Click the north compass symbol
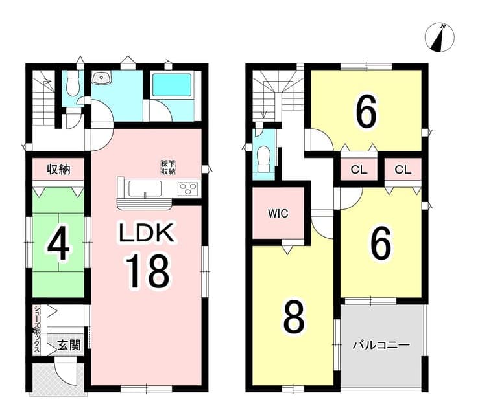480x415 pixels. pos(440,38)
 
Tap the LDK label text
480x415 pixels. pos(147,233)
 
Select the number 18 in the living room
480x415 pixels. pos(147,272)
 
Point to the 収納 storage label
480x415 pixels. pos(58,169)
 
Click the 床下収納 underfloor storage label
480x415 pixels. pos(169,168)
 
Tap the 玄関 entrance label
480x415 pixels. pos(69,345)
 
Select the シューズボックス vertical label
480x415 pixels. pos(37,329)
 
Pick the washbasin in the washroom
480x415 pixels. pos(102,78)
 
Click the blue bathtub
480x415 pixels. pos(172,85)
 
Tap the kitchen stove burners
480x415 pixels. pos(188,188)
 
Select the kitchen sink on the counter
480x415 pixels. pos(145,188)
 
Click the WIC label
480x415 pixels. pos(278,213)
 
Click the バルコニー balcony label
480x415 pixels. pos(381,345)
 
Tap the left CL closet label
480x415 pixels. pos(359,170)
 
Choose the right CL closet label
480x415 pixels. pos(403,170)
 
